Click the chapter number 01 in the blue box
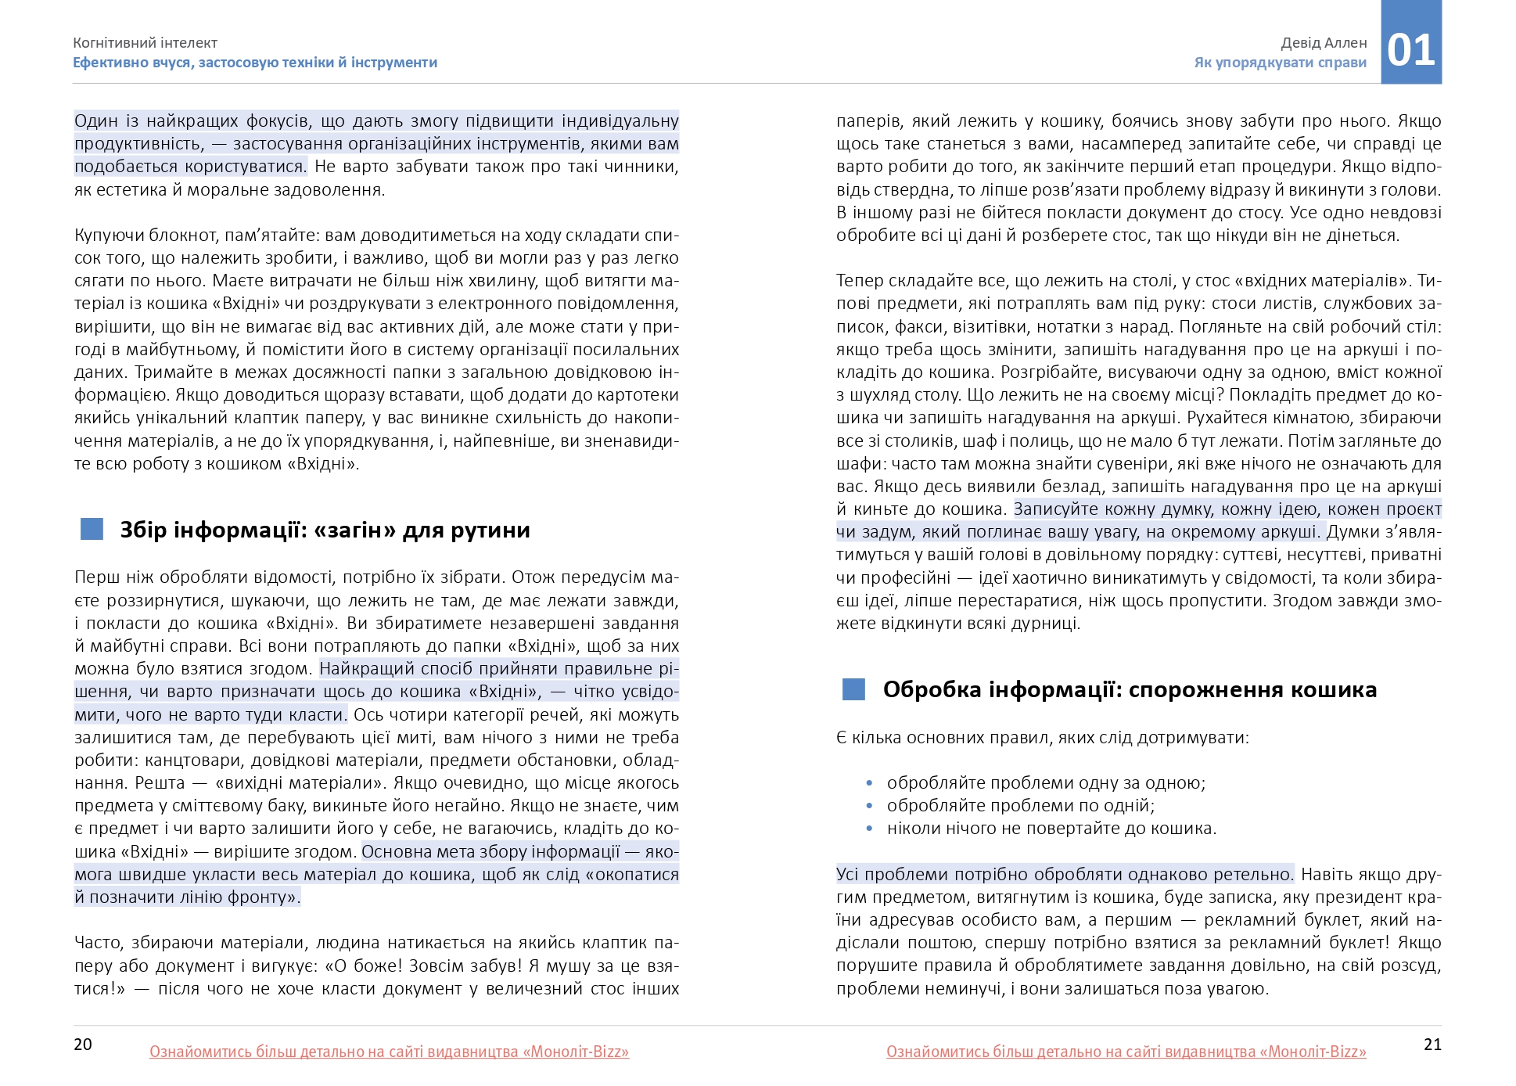[x=1411, y=50]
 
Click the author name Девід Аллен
[x=1324, y=43]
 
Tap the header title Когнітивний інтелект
[x=145, y=43]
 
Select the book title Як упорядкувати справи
[x=1280, y=63]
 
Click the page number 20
[x=83, y=1045]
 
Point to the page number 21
[x=1432, y=1045]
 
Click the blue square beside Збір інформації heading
[x=92, y=530]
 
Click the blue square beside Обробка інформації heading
[x=853, y=689]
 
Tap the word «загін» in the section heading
[x=354, y=530]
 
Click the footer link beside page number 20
[x=389, y=1052]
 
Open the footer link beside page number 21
[x=1126, y=1052]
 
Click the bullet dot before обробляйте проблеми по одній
[x=869, y=806]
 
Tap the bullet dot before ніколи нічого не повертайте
[x=869, y=829]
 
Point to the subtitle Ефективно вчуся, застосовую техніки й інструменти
[x=255, y=63]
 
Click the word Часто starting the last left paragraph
[x=98, y=943]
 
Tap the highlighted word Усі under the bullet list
[x=847, y=875]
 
